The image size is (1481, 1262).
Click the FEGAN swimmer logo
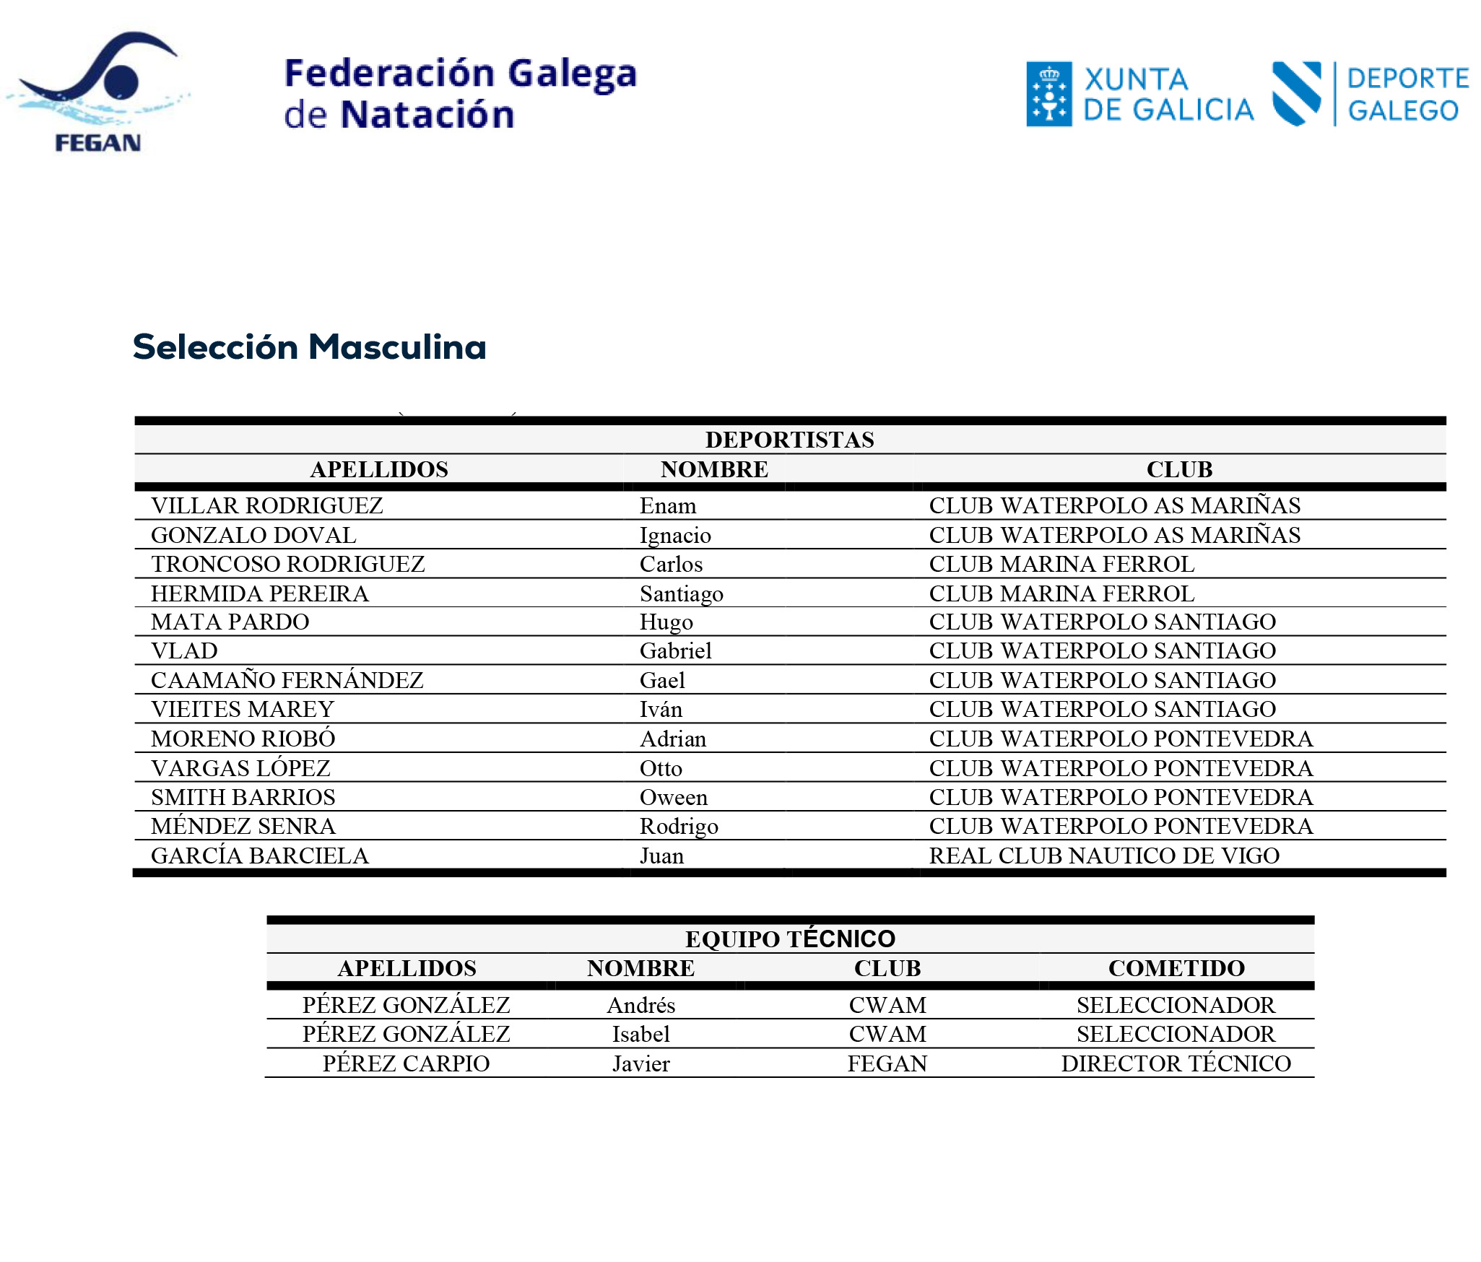pos(97,90)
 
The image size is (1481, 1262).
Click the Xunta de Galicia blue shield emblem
pos(1048,95)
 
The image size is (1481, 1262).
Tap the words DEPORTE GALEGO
pos(1407,95)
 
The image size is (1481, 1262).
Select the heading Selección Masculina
pos(309,347)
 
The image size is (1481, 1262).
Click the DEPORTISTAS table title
pos(789,440)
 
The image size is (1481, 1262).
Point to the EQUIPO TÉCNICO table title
pos(790,939)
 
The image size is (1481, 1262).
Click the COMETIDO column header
pos(1176,968)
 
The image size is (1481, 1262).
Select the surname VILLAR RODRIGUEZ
pos(266,506)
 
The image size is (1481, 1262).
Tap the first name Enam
pos(667,506)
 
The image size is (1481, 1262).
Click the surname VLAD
pos(184,651)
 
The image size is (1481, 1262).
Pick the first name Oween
pos(673,798)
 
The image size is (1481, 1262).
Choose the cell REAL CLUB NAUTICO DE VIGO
pos(1103,856)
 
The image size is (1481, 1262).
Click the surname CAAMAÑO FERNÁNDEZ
pos(287,681)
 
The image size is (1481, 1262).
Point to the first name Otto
pos(660,769)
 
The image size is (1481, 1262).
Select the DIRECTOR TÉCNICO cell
pos(1176,1063)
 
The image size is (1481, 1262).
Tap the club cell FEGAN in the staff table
pos(887,1063)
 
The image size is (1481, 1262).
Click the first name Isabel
pos(640,1035)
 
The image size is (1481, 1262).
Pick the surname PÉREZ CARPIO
pos(406,1063)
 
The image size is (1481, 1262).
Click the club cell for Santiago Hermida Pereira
pos(1061,593)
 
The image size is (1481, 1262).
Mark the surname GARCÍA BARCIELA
pos(259,856)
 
